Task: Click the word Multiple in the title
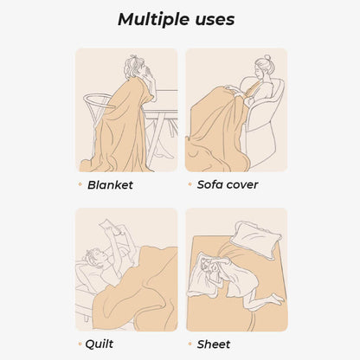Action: point(149,19)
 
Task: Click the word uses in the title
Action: point(211,19)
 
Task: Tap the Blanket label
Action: point(110,184)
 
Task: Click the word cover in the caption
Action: point(244,184)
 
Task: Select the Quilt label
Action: point(100,344)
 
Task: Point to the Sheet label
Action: point(214,344)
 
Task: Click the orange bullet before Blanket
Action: point(80,184)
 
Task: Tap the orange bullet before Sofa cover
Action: point(190,184)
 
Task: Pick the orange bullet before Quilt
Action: point(80,344)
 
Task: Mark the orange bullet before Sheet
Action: point(190,344)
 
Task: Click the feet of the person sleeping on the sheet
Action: point(275,299)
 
